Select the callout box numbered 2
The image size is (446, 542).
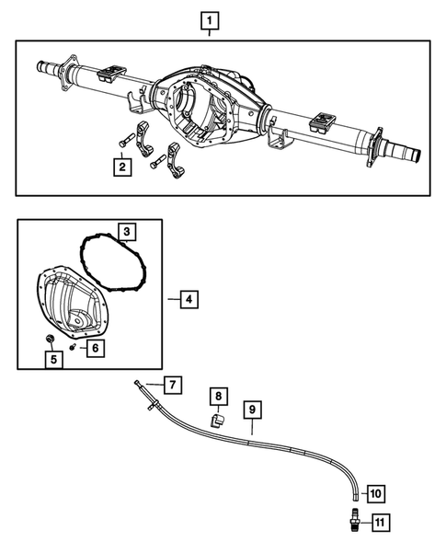(121, 167)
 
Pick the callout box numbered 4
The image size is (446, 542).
(187, 299)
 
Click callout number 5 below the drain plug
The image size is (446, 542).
(54, 359)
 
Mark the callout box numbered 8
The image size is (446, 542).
(217, 397)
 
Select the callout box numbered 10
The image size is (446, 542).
(374, 494)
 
